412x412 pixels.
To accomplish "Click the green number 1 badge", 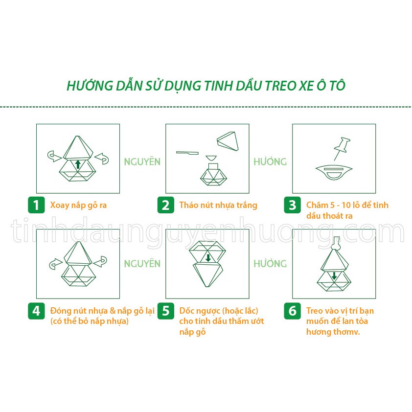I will tap(36, 205).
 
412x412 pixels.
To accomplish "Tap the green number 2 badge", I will tap(165, 205).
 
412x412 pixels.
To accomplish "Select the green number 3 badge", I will tap(292, 205).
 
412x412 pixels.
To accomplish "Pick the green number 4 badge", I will tap(36, 311).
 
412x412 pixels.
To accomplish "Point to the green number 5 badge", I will tap(165, 311).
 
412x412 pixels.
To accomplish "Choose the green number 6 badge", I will tap(292, 311).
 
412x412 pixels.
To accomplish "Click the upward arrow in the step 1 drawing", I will tap(77, 163).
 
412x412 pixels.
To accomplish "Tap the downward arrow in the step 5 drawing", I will tap(207, 258).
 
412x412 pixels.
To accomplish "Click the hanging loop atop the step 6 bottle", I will tap(335, 241).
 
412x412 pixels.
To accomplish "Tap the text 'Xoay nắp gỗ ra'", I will tap(78, 205).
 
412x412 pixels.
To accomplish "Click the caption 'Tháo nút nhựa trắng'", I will tap(218, 205).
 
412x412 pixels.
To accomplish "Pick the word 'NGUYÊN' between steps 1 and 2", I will tap(142, 162).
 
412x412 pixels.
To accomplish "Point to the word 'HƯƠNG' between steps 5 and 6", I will tap(270, 264).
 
